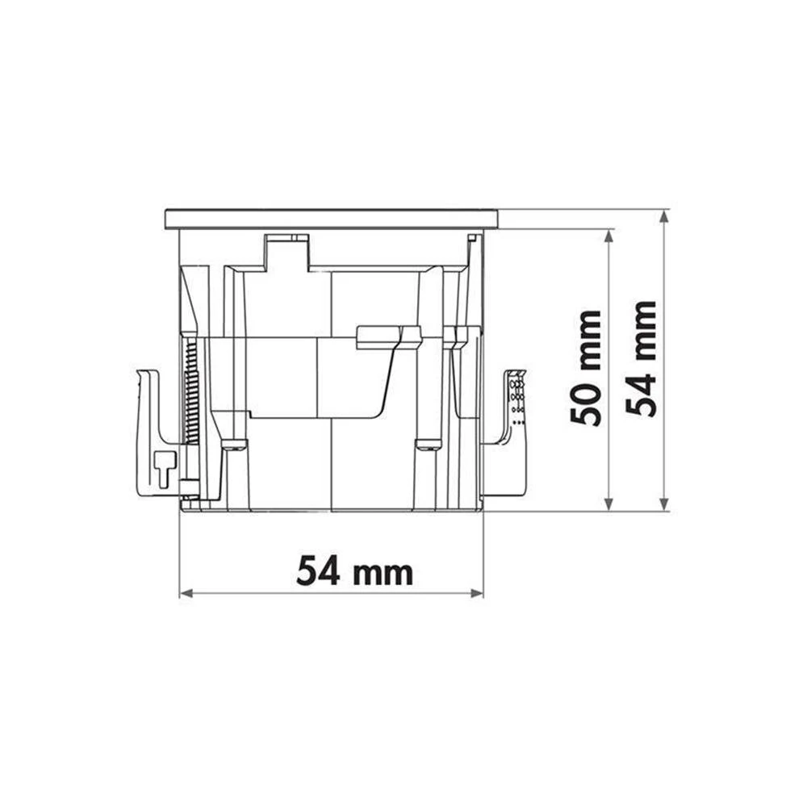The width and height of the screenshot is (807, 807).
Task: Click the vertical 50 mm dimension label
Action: [586, 369]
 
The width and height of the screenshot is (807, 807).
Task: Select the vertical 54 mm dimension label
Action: [641, 359]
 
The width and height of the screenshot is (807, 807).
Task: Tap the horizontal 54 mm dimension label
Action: [354, 571]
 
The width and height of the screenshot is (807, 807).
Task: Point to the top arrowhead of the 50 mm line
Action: [608, 236]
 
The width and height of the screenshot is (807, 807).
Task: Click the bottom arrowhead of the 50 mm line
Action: [608, 505]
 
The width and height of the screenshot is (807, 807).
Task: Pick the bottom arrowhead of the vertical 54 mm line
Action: [664, 505]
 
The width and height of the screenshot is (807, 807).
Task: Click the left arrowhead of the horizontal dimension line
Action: [186, 593]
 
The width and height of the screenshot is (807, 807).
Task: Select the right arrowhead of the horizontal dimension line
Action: [477, 593]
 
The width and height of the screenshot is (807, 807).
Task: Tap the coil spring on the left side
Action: [191, 391]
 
